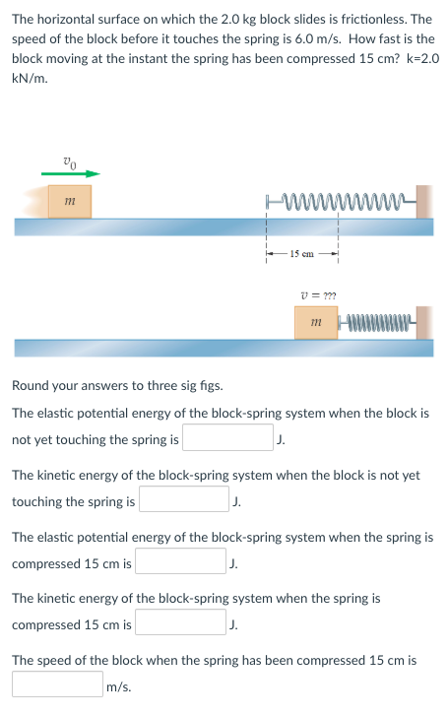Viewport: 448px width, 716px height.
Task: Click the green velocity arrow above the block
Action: point(70,174)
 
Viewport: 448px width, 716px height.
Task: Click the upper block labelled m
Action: point(70,201)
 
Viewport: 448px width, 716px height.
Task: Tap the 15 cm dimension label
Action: point(301,255)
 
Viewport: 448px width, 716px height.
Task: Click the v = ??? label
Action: point(314,293)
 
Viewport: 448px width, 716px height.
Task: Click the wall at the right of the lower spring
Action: point(424,322)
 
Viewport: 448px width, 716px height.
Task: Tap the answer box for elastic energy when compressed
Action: point(181,562)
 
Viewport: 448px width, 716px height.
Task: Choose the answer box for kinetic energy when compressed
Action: point(181,623)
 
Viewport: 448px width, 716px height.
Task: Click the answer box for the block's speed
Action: point(57,684)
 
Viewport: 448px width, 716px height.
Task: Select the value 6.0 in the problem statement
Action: point(254,38)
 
